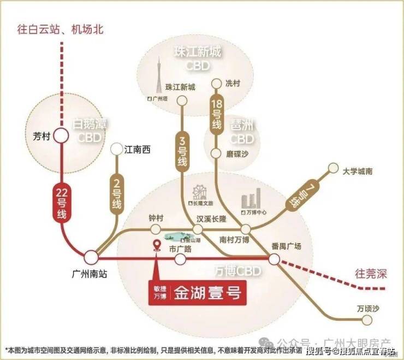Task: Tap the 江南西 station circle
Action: pos(116,149)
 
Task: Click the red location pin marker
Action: pos(157,247)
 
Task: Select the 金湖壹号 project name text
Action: pos(207,293)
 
